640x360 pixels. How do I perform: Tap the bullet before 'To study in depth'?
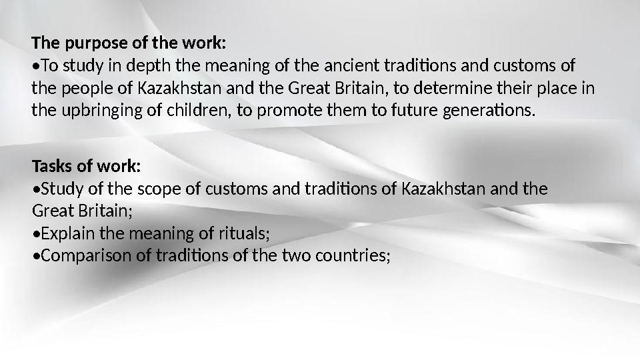[x=36, y=67]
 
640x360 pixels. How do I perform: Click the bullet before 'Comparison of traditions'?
[x=36, y=257]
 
